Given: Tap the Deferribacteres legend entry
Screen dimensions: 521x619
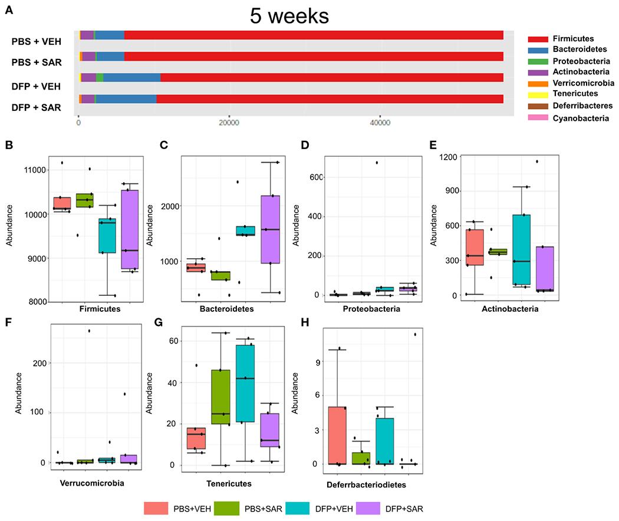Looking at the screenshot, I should [x=578, y=105].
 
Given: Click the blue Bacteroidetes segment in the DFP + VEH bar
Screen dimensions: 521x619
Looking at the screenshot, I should [x=131, y=78].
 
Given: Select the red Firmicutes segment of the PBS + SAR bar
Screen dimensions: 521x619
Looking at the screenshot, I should [x=312, y=56].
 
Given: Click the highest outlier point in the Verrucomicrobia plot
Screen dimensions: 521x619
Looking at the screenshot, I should [x=89, y=331].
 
